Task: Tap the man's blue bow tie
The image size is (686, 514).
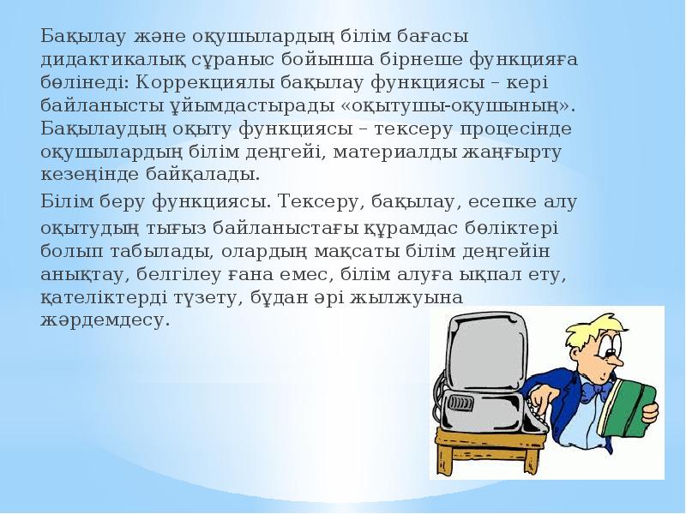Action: point(593,390)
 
